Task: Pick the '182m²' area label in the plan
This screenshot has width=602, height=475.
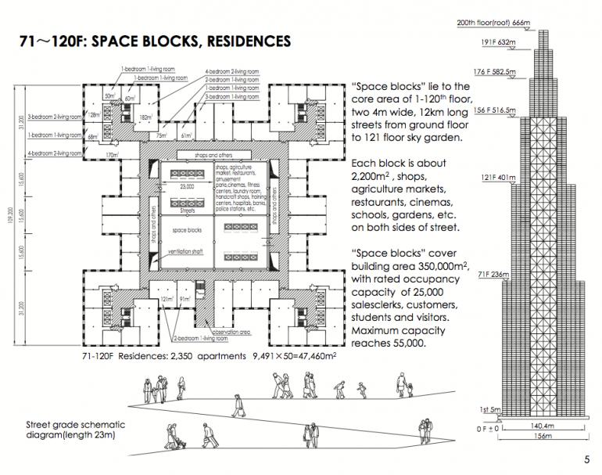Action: pos(145,117)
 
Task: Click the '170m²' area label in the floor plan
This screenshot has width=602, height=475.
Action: pos(113,155)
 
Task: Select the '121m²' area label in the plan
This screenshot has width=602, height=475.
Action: pos(166,298)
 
